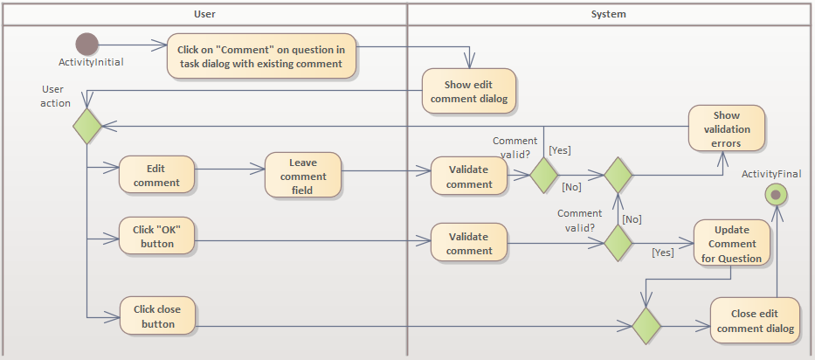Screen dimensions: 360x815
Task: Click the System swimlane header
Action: pyautogui.click(x=608, y=14)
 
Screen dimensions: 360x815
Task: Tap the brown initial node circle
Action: pyautogui.click(x=87, y=44)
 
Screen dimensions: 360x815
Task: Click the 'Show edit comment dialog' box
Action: pyautogui.click(x=470, y=92)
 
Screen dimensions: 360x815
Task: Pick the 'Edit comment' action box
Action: pyautogui.click(x=156, y=176)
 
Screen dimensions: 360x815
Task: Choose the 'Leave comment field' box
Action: pyautogui.click(x=303, y=176)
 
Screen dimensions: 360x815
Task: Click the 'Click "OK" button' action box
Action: pyautogui.click(x=156, y=237)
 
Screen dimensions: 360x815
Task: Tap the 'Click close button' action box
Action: pyautogui.click(x=156, y=316)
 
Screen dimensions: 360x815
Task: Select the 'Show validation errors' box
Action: pyautogui.click(x=726, y=128)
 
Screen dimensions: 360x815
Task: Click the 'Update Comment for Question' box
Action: pyautogui.click(x=731, y=244)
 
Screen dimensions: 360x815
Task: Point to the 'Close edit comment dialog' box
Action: pyautogui.click(x=755, y=322)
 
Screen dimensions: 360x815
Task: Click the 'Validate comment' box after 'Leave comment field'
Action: pyautogui.click(x=469, y=177)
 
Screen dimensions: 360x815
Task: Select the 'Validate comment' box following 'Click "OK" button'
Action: pyautogui.click(x=469, y=244)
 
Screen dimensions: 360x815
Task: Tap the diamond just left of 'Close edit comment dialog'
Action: pyautogui.click(x=646, y=326)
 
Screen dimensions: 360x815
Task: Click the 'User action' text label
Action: pyautogui.click(x=56, y=96)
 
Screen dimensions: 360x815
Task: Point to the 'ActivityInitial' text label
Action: pyautogui.click(x=91, y=63)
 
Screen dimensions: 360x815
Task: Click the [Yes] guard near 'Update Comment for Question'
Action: pyautogui.click(x=663, y=253)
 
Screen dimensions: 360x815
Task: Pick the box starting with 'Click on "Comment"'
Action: pyautogui.click(x=261, y=57)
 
